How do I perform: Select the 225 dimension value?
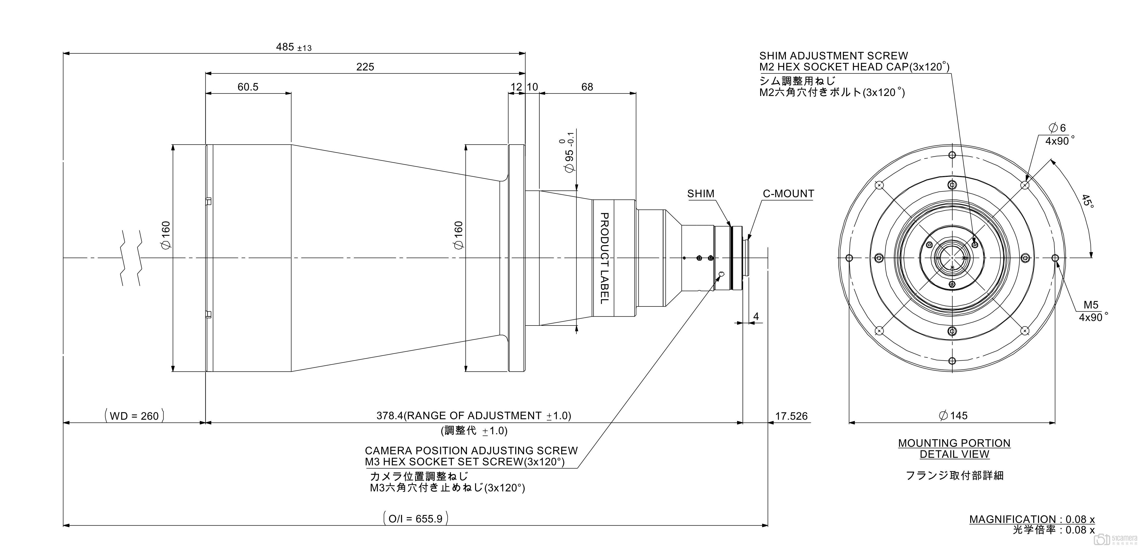click(x=365, y=67)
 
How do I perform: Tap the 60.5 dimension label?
click(x=248, y=87)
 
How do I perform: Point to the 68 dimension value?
click(x=587, y=87)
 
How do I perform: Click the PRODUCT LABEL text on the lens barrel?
click(x=604, y=258)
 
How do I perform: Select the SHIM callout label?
click(x=701, y=194)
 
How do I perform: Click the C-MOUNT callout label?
click(x=788, y=194)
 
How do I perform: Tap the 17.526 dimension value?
click(x=791, y=416)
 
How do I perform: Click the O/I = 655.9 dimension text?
click(x=415, y=518)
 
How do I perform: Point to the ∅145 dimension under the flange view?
click(x=953, y=416)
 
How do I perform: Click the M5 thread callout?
click(x=1091, y=305)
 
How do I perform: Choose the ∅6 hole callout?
click(x=1057, y=128)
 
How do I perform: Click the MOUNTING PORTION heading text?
click(x=954, y=443)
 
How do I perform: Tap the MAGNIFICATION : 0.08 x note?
click(x=1032, y=519)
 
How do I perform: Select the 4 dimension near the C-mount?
click(x=756, y=317)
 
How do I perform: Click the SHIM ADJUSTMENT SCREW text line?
click(x=833, y=56)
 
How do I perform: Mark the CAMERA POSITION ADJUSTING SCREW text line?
click(x=471, y=451)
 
